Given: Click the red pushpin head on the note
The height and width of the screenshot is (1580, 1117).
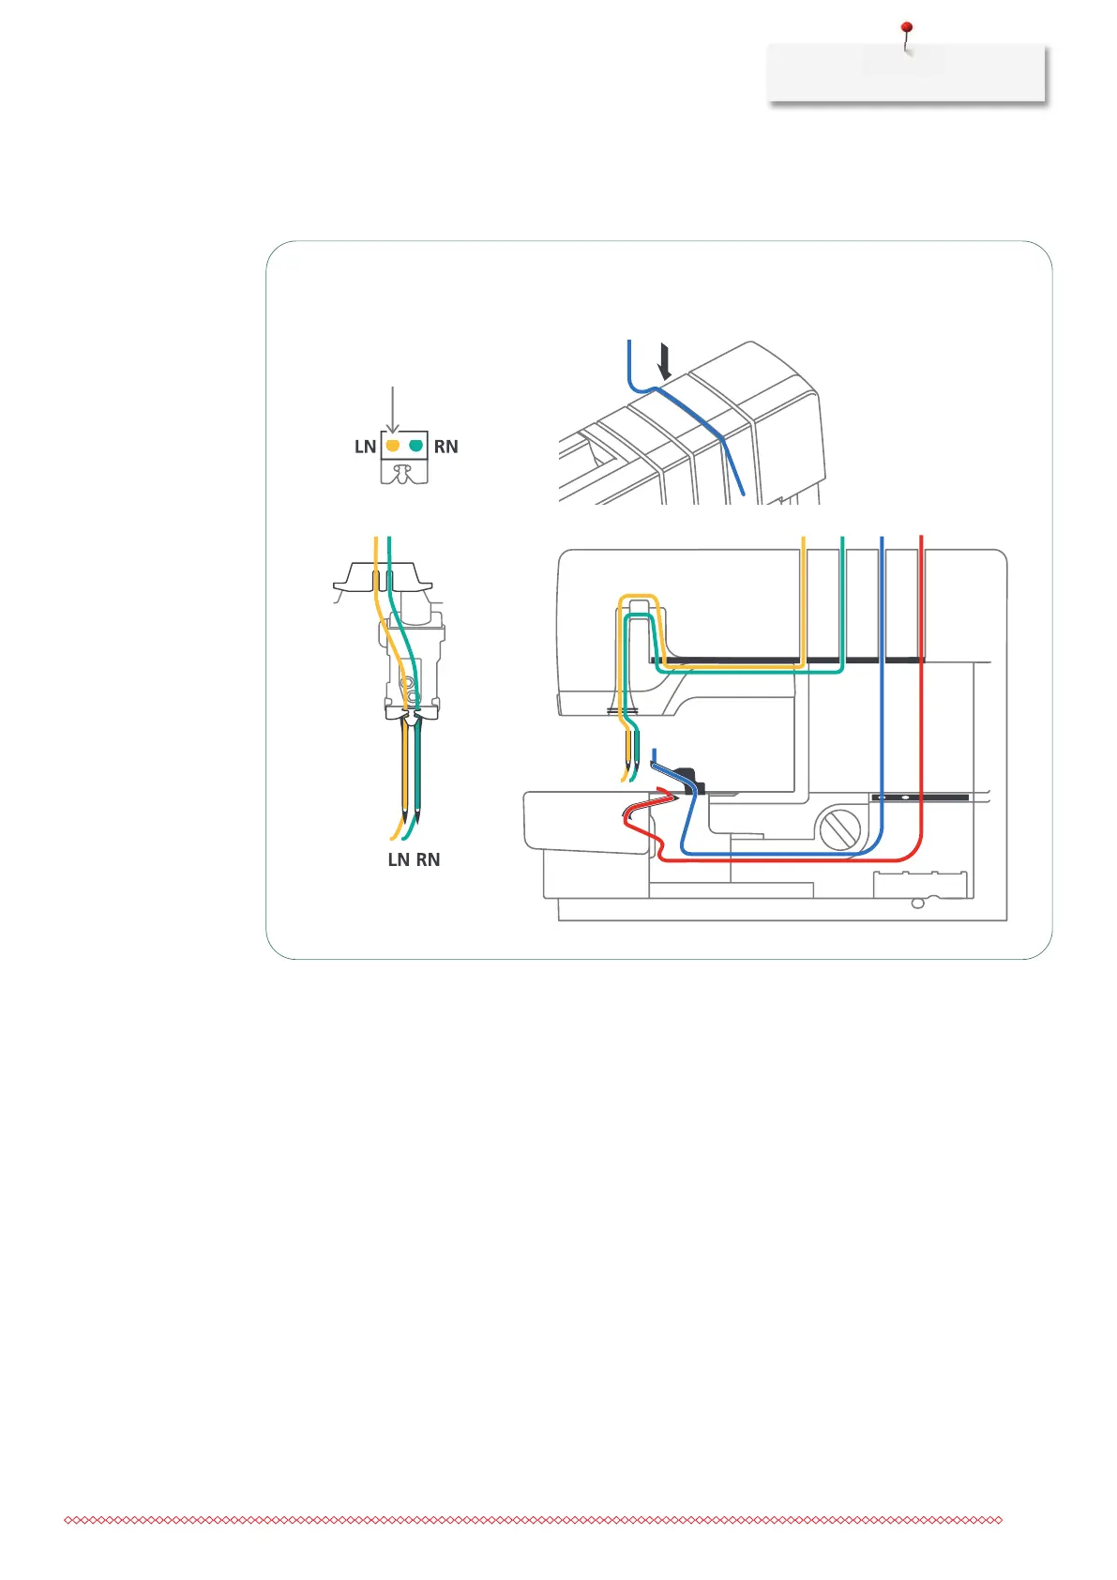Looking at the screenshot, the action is (x=906, y=29).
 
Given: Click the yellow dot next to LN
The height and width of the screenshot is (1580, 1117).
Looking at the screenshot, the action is (x=393, y=446).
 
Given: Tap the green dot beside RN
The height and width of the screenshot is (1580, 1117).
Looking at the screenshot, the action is (x=415, y=446).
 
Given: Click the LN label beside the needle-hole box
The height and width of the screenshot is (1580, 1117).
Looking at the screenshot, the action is (x=365, y=448).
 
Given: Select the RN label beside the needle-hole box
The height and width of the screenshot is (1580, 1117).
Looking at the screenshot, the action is (x=446, y=448).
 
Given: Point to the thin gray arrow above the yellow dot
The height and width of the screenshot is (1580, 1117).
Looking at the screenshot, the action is (x=393, y=409).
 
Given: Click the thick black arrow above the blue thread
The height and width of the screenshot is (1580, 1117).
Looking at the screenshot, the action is (x=665, y=362).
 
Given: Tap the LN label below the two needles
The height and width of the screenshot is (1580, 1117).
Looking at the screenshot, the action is (x=399, y=860).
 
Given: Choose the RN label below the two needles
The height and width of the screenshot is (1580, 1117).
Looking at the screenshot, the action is (x=429, y=860).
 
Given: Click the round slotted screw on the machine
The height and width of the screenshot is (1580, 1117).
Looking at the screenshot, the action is (x=840, y=829).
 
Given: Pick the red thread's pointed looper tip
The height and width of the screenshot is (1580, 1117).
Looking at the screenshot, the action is (x=672, y=798).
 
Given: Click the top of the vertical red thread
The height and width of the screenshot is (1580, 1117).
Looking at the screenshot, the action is (x=922, y=538).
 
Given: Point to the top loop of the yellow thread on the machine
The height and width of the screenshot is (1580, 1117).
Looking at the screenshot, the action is (x=638, y=597).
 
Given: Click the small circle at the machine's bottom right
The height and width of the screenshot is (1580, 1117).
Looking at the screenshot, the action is (x=917, y=904).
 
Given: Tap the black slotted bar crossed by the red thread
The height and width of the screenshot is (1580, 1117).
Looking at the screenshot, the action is (x=920, y=798).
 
